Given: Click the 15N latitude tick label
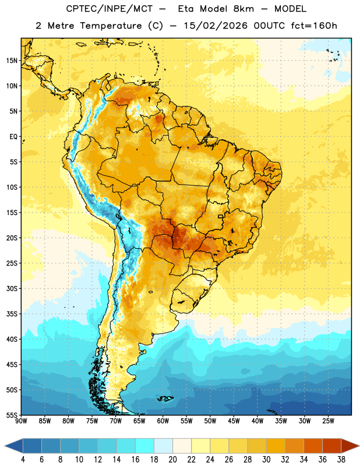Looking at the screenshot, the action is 12,61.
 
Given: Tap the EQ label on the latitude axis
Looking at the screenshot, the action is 13,137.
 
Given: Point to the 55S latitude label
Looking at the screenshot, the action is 12,415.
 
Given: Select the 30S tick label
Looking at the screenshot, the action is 12,288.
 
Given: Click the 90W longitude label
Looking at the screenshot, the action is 22,421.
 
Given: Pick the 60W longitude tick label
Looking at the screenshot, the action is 163,421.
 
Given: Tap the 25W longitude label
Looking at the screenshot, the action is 328,421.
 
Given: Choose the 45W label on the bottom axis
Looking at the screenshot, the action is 234,421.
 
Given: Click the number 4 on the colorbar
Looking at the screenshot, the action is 23,460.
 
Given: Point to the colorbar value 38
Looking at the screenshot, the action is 341,460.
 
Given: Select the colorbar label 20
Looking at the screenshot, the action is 172,460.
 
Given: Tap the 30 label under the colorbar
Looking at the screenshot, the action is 266,460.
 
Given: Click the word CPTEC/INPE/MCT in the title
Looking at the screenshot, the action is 110,9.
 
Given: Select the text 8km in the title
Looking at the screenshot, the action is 243,9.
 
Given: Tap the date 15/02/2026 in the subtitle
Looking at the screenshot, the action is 216,26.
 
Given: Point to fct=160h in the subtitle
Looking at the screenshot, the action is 314,26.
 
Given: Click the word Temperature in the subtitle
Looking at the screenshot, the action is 111,26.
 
